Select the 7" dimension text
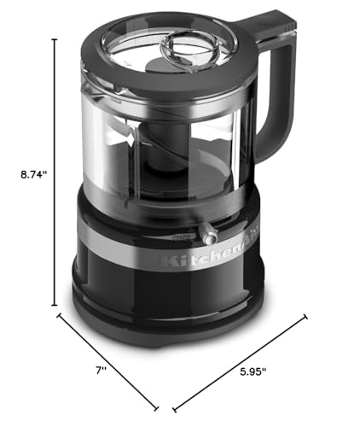coord(102,370)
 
